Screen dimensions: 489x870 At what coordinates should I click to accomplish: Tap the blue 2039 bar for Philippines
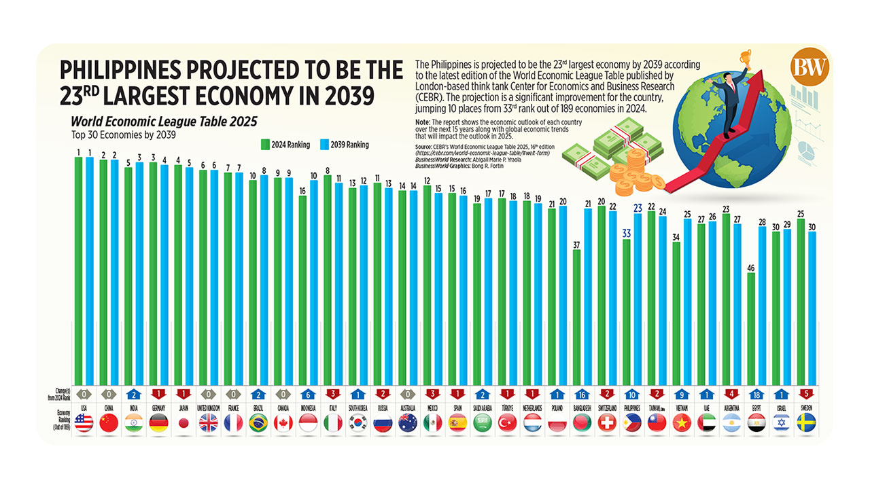coord(638,299)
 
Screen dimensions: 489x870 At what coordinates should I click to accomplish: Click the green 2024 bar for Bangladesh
coord(576,316)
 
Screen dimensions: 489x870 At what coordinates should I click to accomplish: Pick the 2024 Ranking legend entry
coord(285,144)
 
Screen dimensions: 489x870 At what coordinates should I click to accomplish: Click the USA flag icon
coord(84,423)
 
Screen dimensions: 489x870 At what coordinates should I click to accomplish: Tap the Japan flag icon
coord(184,423)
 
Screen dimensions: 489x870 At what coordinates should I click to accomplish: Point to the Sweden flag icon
coord(807,423)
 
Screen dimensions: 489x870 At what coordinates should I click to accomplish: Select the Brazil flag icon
coord(258,423)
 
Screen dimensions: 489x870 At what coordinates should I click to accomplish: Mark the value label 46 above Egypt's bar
coord(751,268)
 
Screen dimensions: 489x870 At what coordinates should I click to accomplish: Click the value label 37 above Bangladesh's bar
coord(576,244)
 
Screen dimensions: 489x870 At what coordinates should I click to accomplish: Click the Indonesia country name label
coord(308,407)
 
